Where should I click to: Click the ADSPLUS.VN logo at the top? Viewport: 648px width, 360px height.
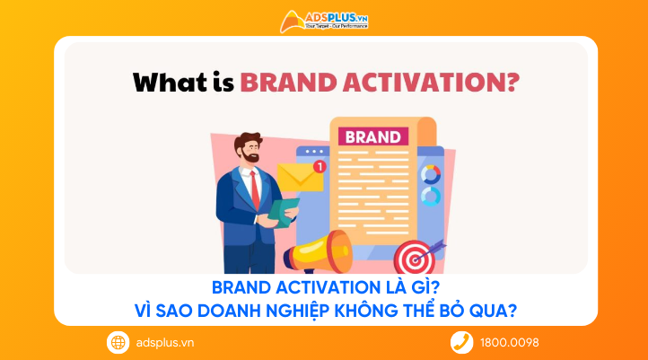tap(324, 21)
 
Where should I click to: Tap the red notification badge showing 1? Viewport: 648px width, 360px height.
tap(320, 167)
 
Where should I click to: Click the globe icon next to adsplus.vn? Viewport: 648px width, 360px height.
tap(118, 342)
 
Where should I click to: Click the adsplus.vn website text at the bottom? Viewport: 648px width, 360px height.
tap(164, 342)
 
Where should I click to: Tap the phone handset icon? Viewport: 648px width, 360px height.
tap(461, 342)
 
